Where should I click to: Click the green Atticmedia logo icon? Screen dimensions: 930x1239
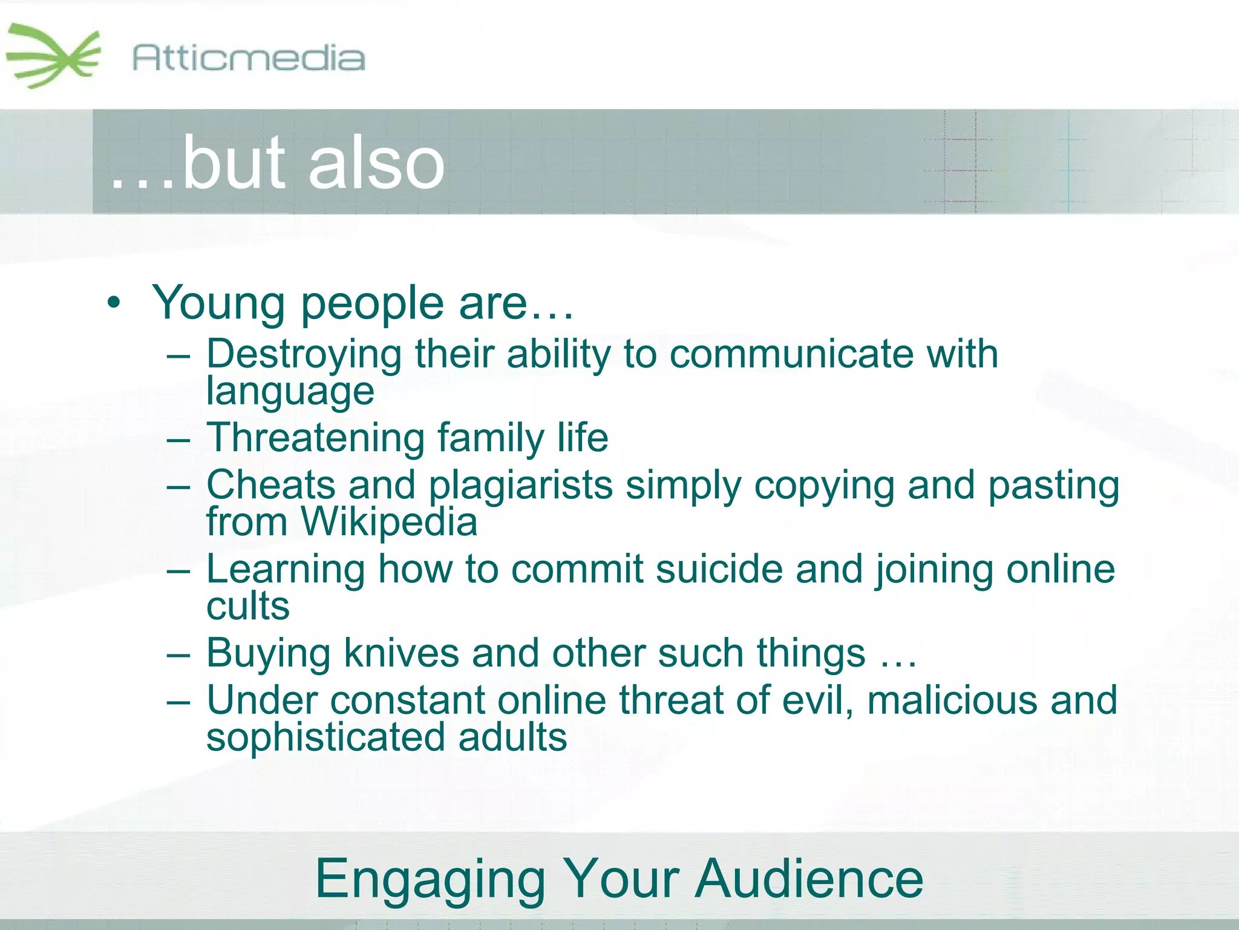[x=53, y=56]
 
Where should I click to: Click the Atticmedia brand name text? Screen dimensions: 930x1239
[x=248, y=59]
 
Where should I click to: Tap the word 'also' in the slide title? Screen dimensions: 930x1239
[x=376, y=162]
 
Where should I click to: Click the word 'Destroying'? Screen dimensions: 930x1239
[x=304, y=354]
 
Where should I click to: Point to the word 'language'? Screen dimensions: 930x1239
[x=290, y=392]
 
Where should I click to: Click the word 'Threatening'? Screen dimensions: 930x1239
[x=316, y=438]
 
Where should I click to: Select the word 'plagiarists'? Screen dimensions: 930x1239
[x=520, y=486]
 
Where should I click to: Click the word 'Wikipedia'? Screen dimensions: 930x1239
[x=389, y=522]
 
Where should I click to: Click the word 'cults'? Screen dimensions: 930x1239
[x=247, y=606]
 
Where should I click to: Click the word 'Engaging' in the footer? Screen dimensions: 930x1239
[x=430, y=879]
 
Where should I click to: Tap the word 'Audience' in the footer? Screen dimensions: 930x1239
[x=809, y=879]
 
